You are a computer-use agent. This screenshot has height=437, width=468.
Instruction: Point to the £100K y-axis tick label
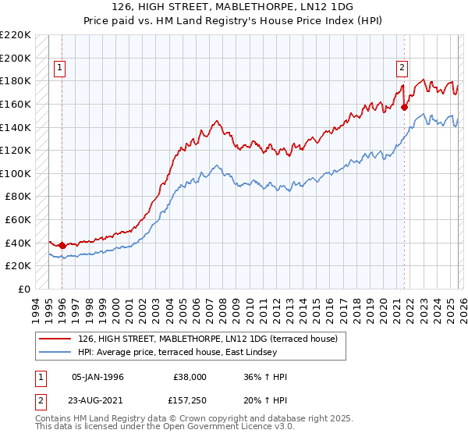pos(16,173)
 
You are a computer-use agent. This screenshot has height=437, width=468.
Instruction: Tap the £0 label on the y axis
pos(24,289)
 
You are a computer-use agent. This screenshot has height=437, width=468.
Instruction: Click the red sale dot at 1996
pos(62,245)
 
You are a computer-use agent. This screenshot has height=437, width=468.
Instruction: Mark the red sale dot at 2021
pos(404,107)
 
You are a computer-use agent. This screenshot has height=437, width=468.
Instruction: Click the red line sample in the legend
pos(55,339)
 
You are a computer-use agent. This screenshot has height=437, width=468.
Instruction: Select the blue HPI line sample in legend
pos(55,352)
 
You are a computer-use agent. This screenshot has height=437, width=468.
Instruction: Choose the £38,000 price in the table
pos(190,377)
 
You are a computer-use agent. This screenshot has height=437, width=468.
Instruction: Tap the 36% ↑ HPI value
pos(265,377)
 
